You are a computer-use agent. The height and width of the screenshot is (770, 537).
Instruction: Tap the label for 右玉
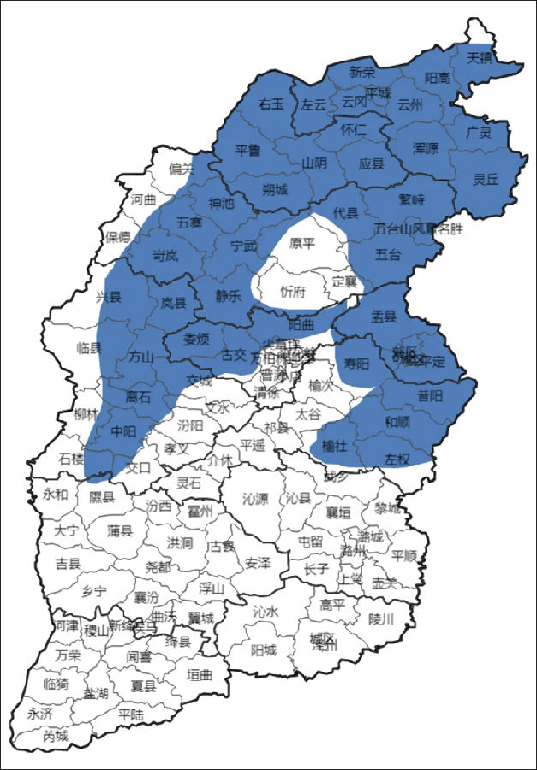pyautogui.click(x=271, y=104)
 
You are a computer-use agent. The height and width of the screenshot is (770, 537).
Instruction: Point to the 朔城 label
pyautogui.click(x=275, y=189)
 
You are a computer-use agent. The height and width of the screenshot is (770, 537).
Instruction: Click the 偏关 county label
pyautogui.click(x=182, y=169)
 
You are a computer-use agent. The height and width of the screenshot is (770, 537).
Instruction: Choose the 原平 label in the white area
pyautogui.click(x=301, y=243)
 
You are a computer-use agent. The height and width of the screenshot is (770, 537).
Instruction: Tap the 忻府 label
pyautogui.click(x=293, y=291)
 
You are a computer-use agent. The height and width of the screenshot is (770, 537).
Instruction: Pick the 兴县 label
pyautogui.click(x=109, y=297)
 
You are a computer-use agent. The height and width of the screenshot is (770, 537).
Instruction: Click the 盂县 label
pyautogui.click(x=384, y=315)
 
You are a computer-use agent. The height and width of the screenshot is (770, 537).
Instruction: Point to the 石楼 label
pyautogui.click(x=72, y=459)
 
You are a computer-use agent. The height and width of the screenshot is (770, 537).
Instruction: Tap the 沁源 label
pyautogui.click(x=255, y=497)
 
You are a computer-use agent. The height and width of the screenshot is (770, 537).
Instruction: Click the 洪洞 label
pyautogui.click(x=180, y=542)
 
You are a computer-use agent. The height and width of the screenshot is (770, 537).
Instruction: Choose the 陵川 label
pyautogui.click(x=380, y=619)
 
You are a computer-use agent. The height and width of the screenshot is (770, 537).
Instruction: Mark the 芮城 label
pyautogui.click(x=55, y=735)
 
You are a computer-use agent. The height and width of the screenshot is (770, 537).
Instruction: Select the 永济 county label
pyautogui.click(x=39, y=713)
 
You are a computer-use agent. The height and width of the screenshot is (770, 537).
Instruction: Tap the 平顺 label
pyautogui.click(x=404, y=555)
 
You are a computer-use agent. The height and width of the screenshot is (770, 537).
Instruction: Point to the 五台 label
pyautogui.click(x=388, y=254)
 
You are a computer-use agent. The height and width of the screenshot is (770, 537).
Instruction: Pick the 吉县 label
pyautogui.click(x=68, y=564)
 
